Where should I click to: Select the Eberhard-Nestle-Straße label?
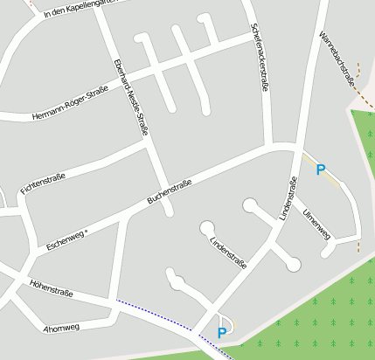130,96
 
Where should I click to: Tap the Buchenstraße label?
170,191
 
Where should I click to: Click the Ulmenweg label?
316,224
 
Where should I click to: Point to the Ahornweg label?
60,329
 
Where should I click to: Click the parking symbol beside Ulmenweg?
321,170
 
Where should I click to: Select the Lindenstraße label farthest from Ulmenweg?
229,250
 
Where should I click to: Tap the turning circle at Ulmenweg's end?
329,251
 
